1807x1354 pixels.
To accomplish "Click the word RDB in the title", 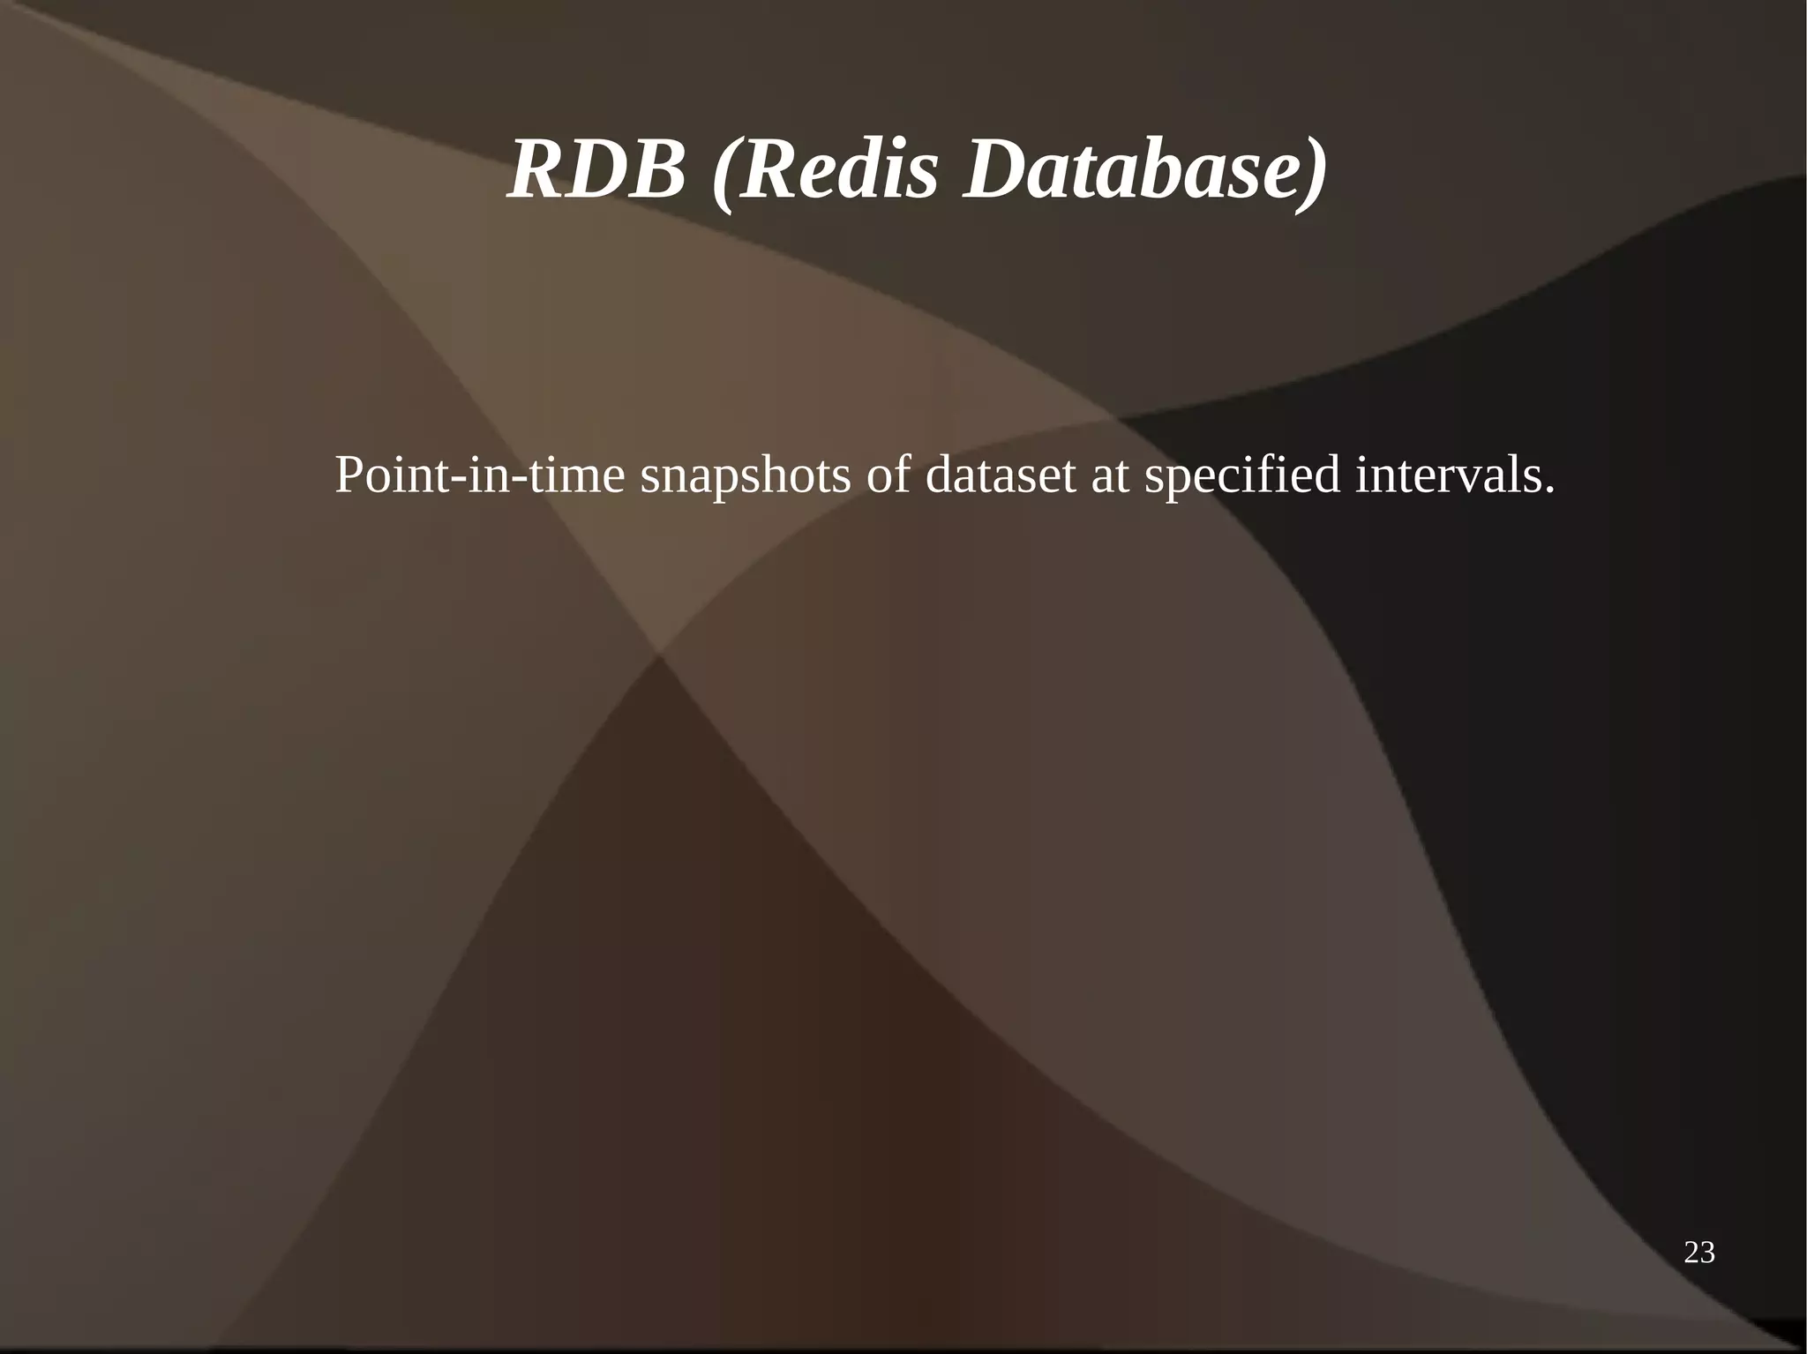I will pyautogui.click(x=596, y=169).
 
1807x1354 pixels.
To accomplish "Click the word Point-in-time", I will pyautogui.click(x=480, y=476).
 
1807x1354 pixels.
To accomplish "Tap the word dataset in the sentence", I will pyautogui.click(x=1001, y=476).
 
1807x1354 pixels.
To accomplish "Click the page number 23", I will pyautogui.click(x=1699, y=1253).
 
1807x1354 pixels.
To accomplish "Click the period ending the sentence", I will pyautogui.click(x=1549, y=490).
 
